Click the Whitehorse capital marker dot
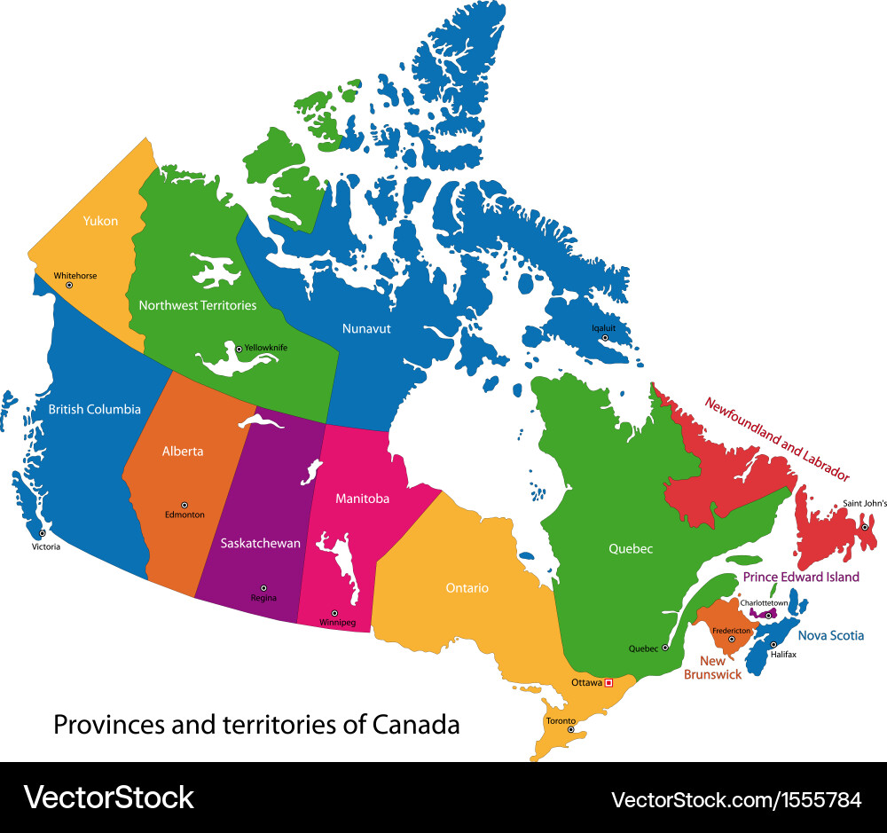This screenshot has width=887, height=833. click(x=69, y=285)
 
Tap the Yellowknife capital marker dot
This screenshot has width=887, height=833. click(x=239, y=349)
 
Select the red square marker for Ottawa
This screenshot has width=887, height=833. click(x=608, y=682)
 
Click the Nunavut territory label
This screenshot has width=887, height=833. click(x=366, y=328)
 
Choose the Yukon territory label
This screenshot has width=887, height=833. click(x=100, y=221)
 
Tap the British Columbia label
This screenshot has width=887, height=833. click(x=94, y=409)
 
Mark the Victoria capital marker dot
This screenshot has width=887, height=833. click(x=42, y=534)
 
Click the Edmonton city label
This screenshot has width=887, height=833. click(x=184, y=515)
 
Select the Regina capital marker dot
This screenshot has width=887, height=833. click(x=263, y=587)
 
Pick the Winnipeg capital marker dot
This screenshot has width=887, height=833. click(x=334, y=612)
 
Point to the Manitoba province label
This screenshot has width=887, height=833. click(x=362, y=499)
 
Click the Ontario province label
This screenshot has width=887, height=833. click(x=467, y=587)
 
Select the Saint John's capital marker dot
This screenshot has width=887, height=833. click(x=865, y=527)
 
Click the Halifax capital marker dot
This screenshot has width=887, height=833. click(x=773, y=644)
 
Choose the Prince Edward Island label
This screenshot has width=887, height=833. click(x=801, y=577)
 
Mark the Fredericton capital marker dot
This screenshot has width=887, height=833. click(x=732, y=639)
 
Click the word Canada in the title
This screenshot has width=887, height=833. click(x=416, y=725)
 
